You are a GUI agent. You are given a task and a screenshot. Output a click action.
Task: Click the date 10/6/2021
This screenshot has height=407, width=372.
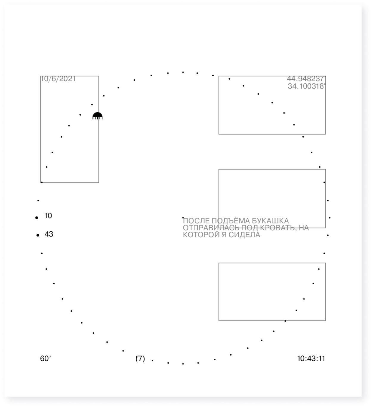(x=58, y=79)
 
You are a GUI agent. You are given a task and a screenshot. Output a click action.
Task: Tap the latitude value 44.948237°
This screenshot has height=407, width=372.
(x=306, y=78)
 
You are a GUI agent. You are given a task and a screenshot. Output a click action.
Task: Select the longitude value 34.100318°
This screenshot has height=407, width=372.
(x=307, y=86)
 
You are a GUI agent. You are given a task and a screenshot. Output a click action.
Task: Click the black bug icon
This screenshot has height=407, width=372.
(x=98, y=116)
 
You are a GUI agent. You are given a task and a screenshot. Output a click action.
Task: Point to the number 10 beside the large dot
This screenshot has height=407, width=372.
(x=48, y=216)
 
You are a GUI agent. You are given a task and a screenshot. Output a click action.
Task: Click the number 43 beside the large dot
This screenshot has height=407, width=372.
(x=49, y=234)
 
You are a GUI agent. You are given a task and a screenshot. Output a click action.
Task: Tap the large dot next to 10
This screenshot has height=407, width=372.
(x=37, y=218)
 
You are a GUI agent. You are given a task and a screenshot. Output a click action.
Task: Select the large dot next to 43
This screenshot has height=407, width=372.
(x=38, y=235)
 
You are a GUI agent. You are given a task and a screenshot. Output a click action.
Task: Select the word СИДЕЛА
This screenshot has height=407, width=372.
(x=244, y=235)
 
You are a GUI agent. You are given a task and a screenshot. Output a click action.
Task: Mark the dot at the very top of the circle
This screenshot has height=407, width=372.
(x=183, y=72)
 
